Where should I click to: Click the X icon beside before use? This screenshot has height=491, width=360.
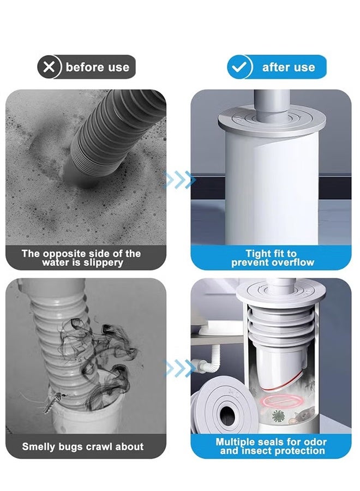pyautogui.click(x=49, y=67)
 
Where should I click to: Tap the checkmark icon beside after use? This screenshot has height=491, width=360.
pyautogui.click(x=240, y=67)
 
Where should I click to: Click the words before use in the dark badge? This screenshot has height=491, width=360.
pyautogui.click(x=97, y=68)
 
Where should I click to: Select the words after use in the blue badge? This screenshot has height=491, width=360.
pyautogui.click(x=288, y=68)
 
